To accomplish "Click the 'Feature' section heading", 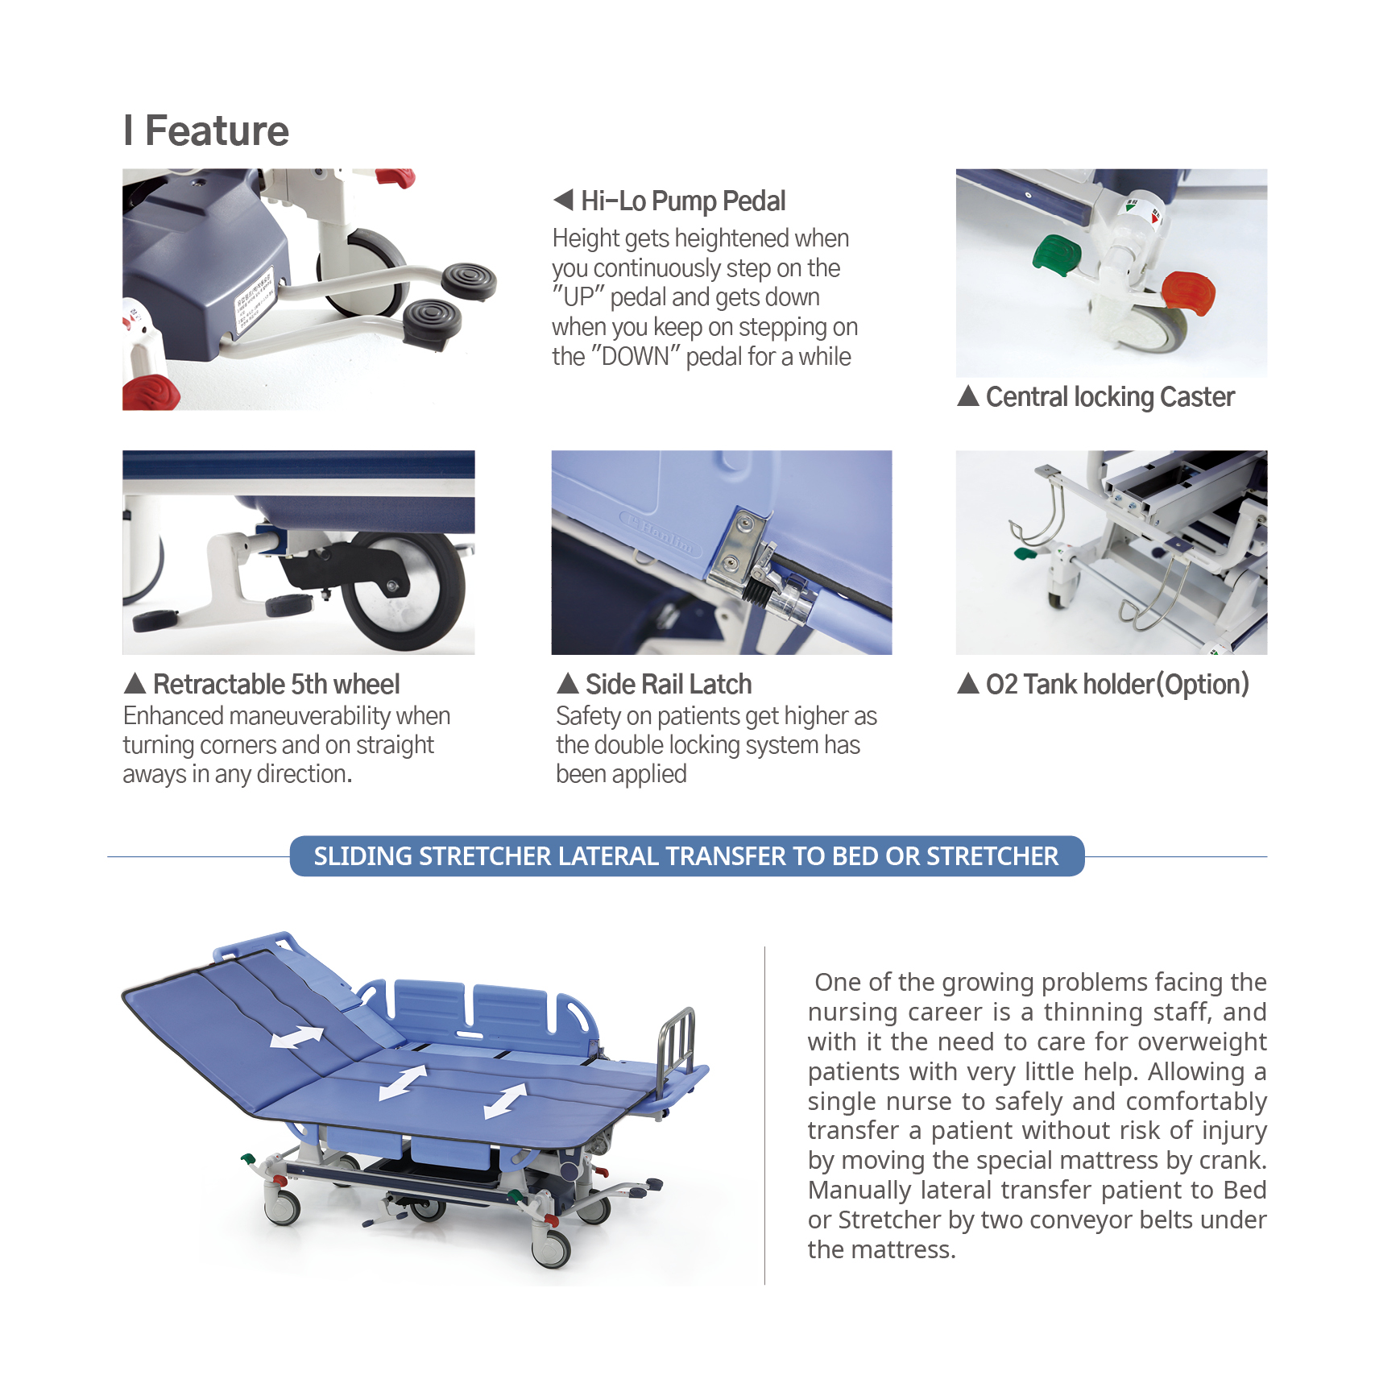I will [216, 130].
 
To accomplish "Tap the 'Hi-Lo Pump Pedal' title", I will [682, 201].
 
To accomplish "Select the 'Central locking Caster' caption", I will [1109, 397].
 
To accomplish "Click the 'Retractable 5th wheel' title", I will [275, 684].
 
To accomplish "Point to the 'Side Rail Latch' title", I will [668, 684].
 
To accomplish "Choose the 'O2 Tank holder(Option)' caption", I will [1116, 684].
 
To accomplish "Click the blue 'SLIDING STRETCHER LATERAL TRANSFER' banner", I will [686, 856].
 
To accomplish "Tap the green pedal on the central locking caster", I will [1057, 254].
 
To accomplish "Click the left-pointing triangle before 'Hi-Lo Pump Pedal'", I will [563, 200].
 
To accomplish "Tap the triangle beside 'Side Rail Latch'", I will [568, 684].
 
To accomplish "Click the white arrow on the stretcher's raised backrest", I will [296, 1037].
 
